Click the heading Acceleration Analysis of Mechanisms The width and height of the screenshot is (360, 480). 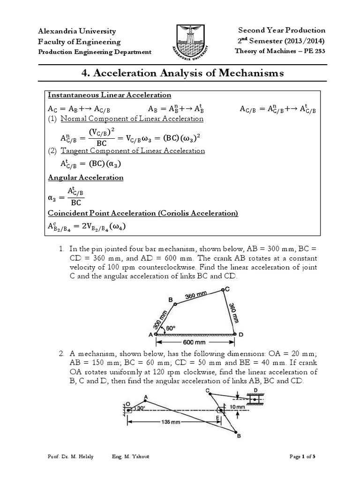(180, 73)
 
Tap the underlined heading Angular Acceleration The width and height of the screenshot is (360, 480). (86, 178)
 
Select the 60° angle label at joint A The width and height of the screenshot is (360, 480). (170, 329)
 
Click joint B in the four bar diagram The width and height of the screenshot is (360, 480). (175, 304)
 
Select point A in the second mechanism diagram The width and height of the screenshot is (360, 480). (145, 399)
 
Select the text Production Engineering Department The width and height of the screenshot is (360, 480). (94, 52)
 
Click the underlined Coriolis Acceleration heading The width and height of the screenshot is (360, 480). (143, 213)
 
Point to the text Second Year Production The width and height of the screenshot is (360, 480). (282, 30)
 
